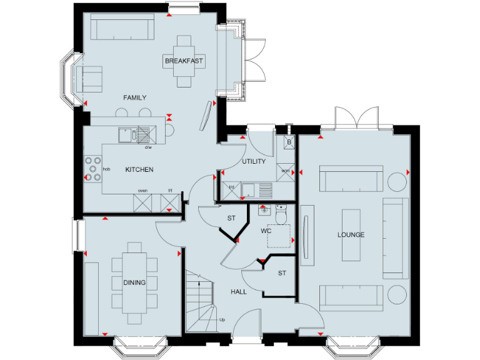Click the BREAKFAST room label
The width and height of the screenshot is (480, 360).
[x=184, y=61]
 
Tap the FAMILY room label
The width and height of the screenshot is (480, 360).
[x=134, y=97]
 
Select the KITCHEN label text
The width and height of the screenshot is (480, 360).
[x=139, y=169]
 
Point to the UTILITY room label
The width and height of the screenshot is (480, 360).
[x=254, y=161]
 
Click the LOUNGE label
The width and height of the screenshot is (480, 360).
[x=351, y=234]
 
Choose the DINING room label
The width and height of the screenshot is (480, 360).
[x=134, y=282]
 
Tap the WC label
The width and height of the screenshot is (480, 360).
[x=267, y=231]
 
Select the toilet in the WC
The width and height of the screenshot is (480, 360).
[x=281, y=214]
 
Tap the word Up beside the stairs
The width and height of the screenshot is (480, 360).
[x=222, y=320]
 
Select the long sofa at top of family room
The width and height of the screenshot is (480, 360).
[x=122, y=27]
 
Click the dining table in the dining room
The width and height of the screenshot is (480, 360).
[x=134, y=282]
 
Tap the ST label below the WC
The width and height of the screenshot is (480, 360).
[x=282, y=272]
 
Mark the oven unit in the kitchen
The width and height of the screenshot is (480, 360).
[x=143, y=201]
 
